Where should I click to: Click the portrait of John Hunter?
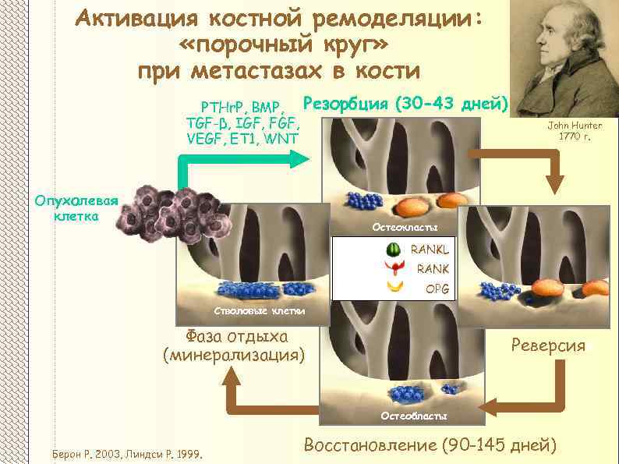(x=566, y=58)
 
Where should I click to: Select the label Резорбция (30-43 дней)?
(x=405, y=103)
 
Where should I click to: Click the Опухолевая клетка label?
(x=75, y=207)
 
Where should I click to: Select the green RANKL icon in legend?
(x=396, y=250)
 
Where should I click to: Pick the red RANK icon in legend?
(x=396, y=269)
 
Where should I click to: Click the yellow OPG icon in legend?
(x=396, y=287)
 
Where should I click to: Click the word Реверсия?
(x=548, y=345)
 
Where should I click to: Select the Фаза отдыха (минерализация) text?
(x=233, y=345)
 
